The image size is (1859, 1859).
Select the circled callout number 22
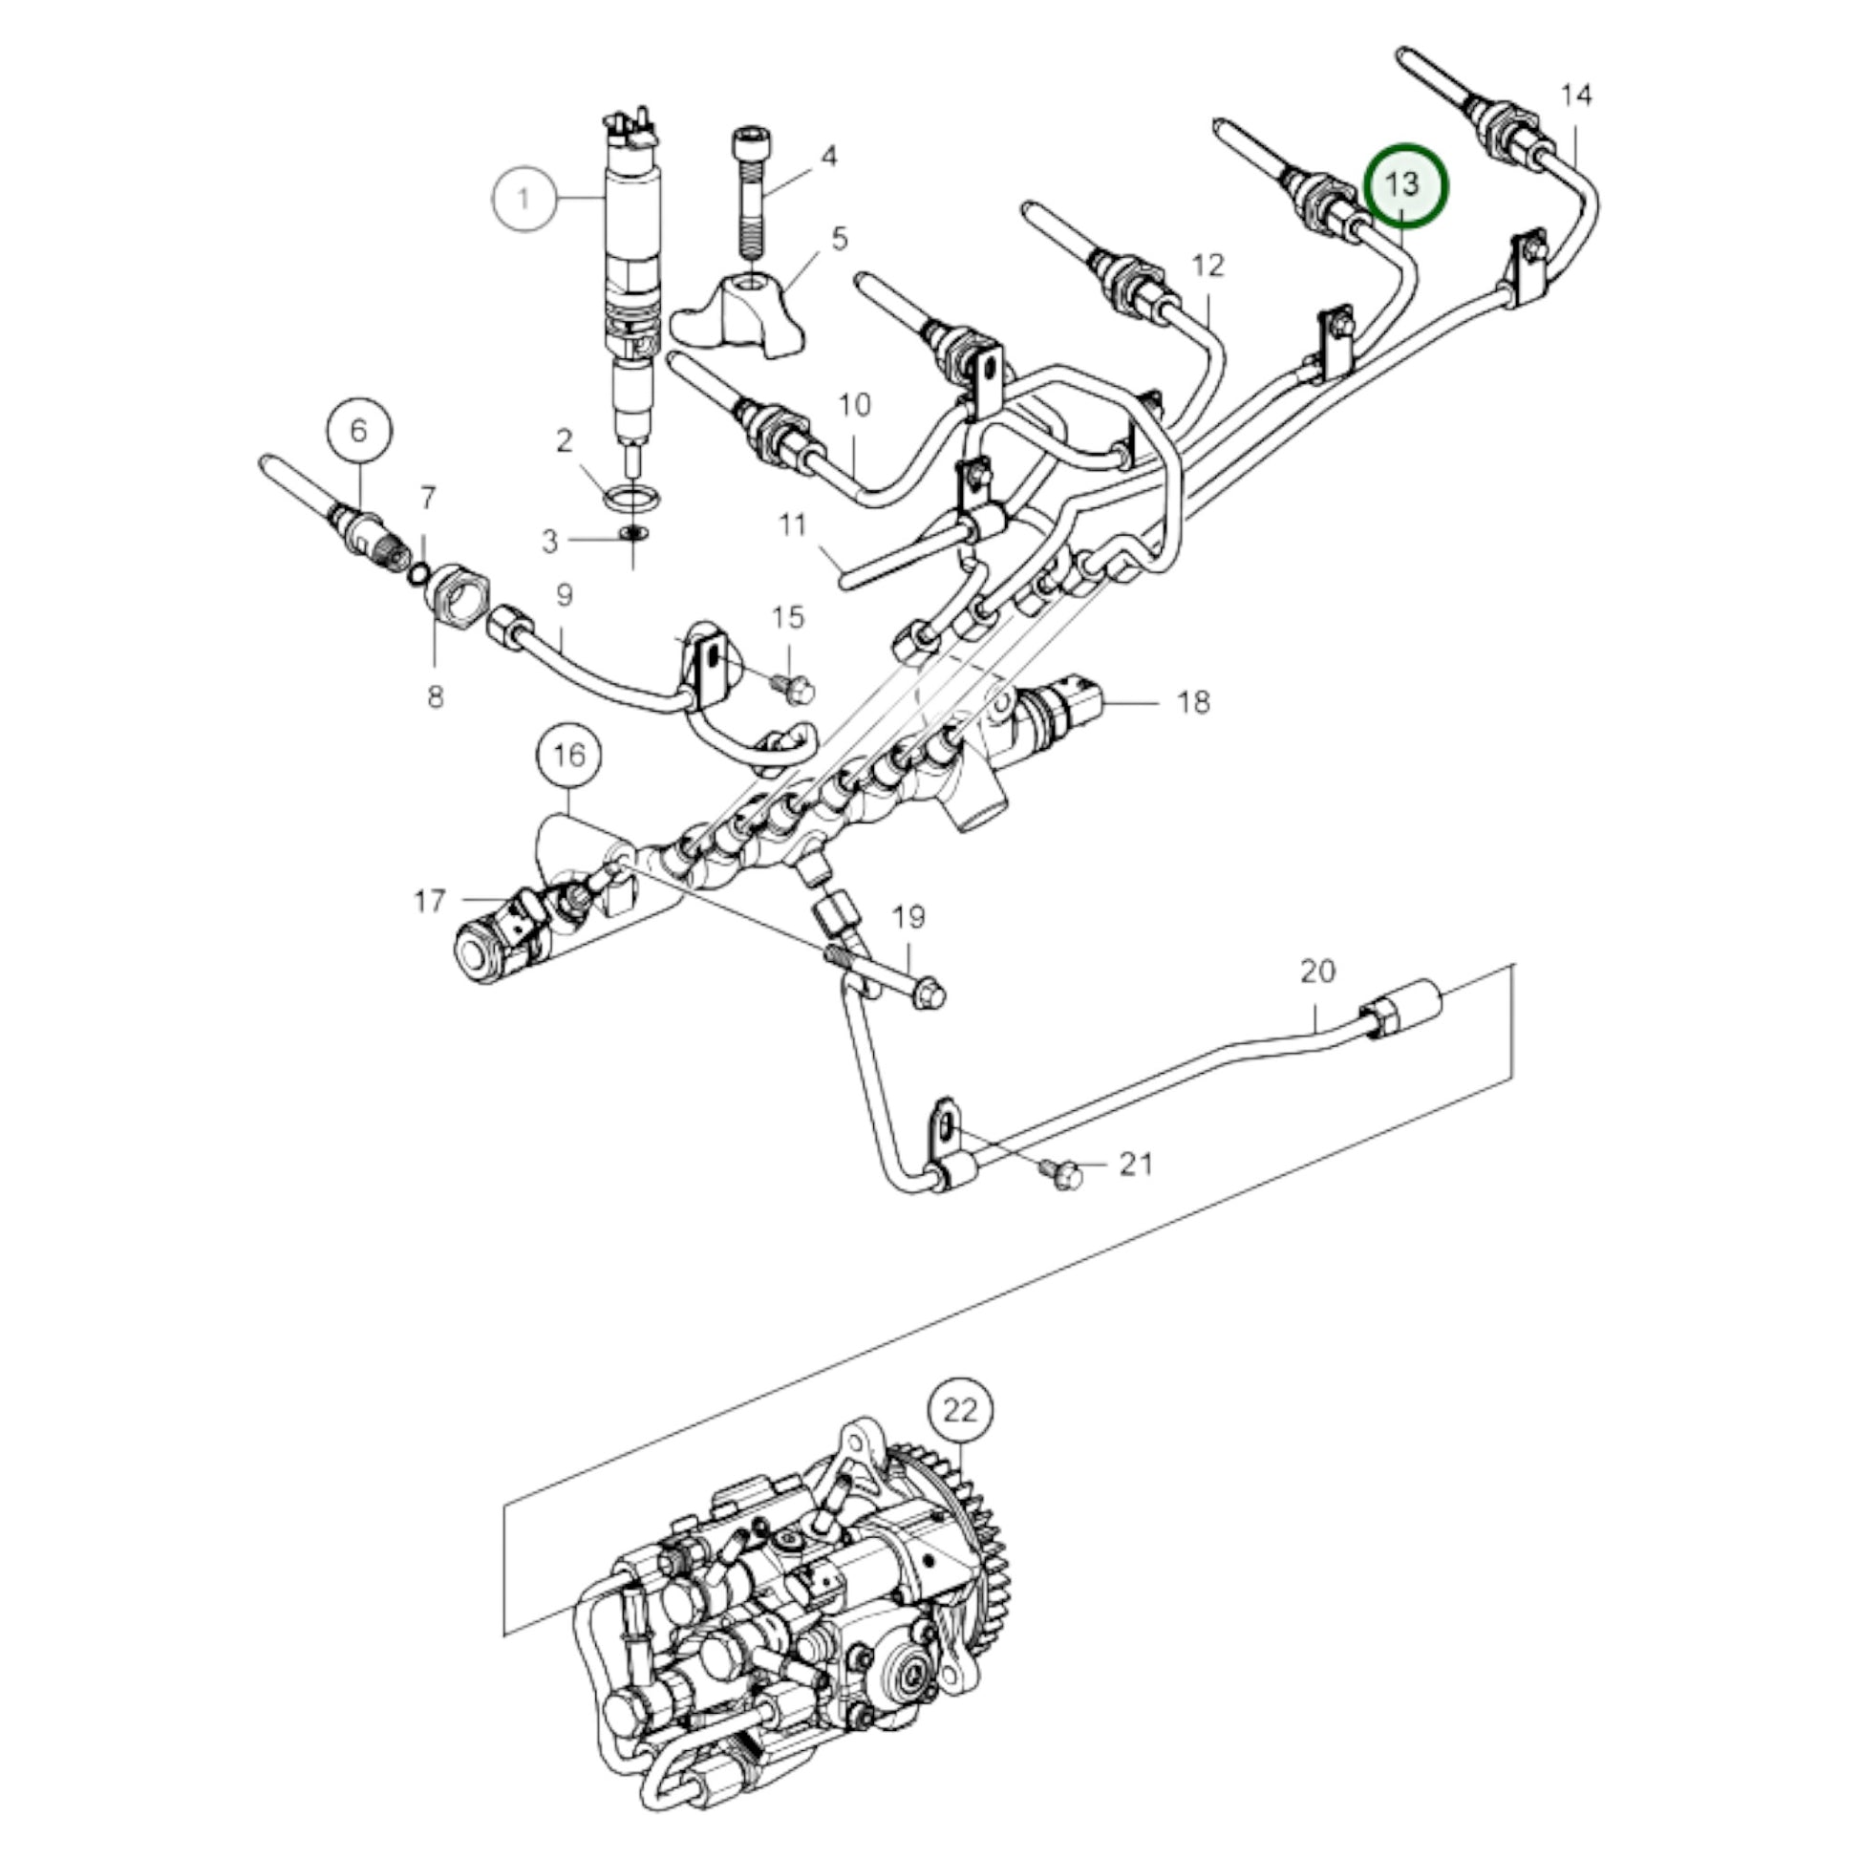tap(959, 1411)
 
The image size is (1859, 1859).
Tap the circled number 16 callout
tap(568, 756)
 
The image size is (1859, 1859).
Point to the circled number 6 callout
tap(358, 430)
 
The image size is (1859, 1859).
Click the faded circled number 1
tap(524, 199)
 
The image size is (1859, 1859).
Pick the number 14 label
tap(1576, 96)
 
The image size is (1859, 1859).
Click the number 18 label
tap(1193, 702)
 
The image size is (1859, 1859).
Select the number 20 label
tap(1317, 972)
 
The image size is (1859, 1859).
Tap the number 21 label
tap(1136, 1165)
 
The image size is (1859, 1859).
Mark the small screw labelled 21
tap(1063, 1174)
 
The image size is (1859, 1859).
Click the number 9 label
tap(564, 594)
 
